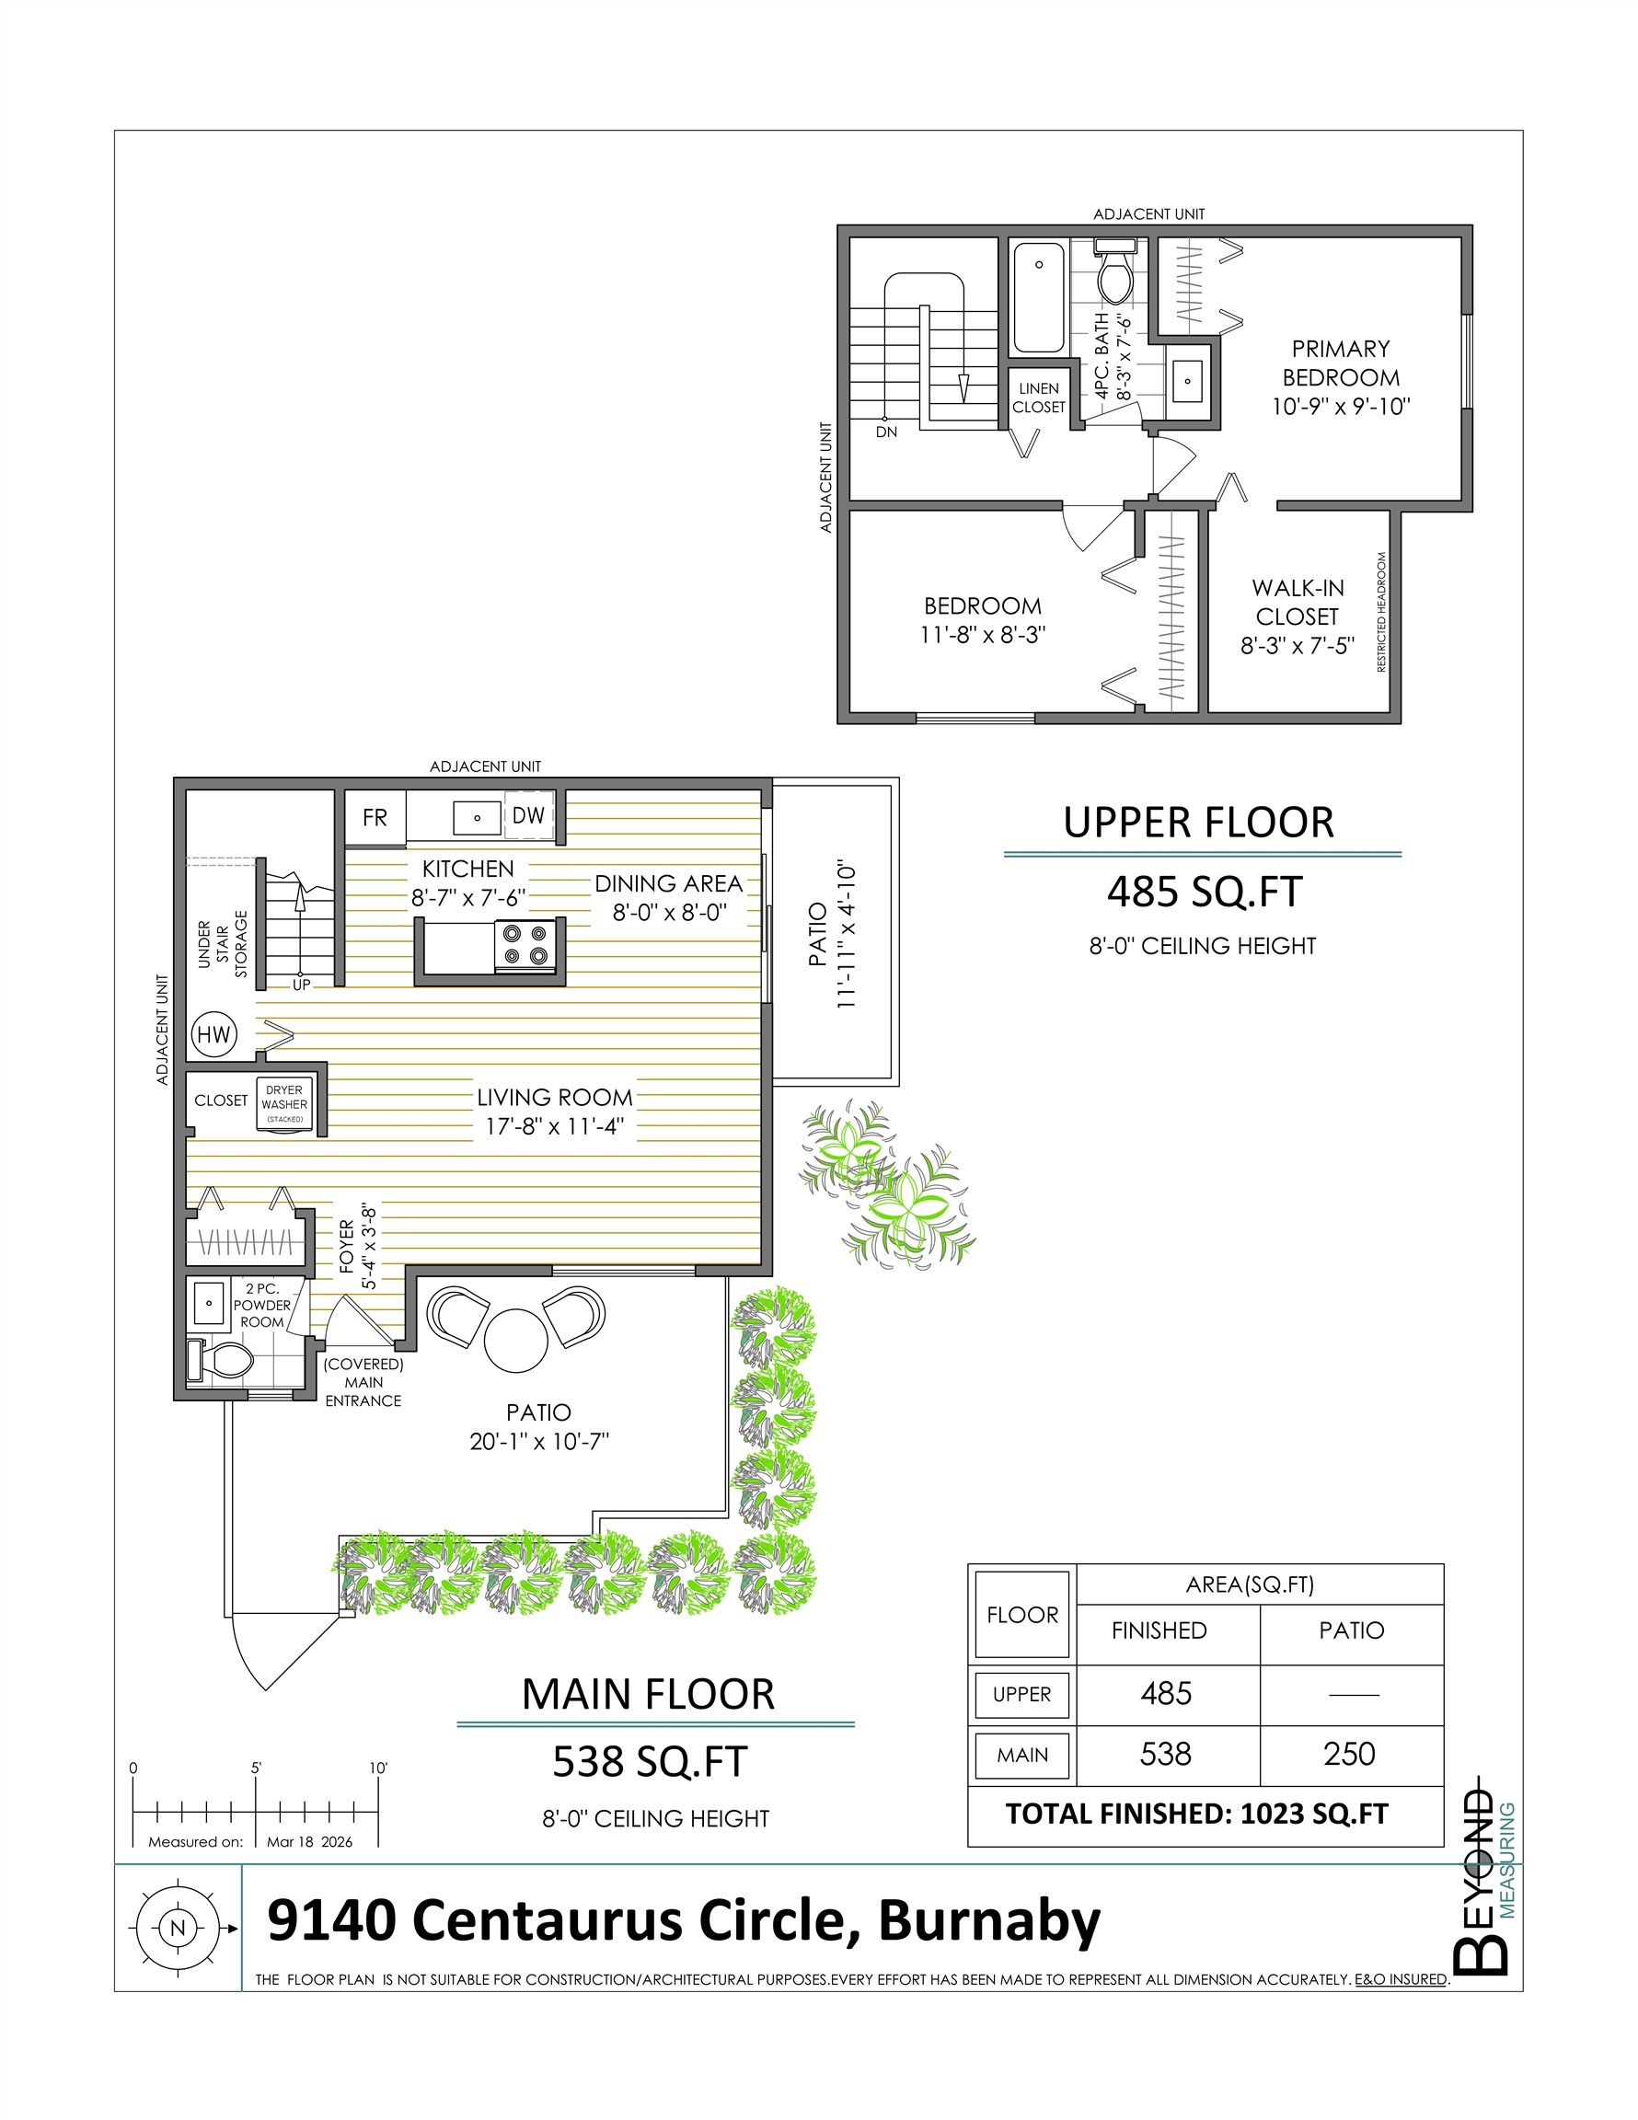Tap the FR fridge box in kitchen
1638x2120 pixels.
(375, 817)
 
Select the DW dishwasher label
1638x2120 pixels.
(528, 815)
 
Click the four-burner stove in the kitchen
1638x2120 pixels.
(525, 946)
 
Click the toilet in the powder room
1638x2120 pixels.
(223, 1360)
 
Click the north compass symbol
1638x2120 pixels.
(176, 1928)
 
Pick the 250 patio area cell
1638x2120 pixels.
(1350, 1753)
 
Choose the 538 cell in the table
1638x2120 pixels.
(1165, 1753)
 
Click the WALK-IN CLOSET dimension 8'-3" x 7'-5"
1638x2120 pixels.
(1298, 647)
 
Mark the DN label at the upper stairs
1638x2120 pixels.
(886, 432)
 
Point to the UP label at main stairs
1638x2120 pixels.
(302, 985)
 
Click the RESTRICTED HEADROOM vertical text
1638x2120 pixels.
(1380, 613)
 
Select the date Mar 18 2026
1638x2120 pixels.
(310, 1841)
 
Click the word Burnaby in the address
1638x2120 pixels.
(989, 1920)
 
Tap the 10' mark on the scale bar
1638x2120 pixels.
(377, 1769)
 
